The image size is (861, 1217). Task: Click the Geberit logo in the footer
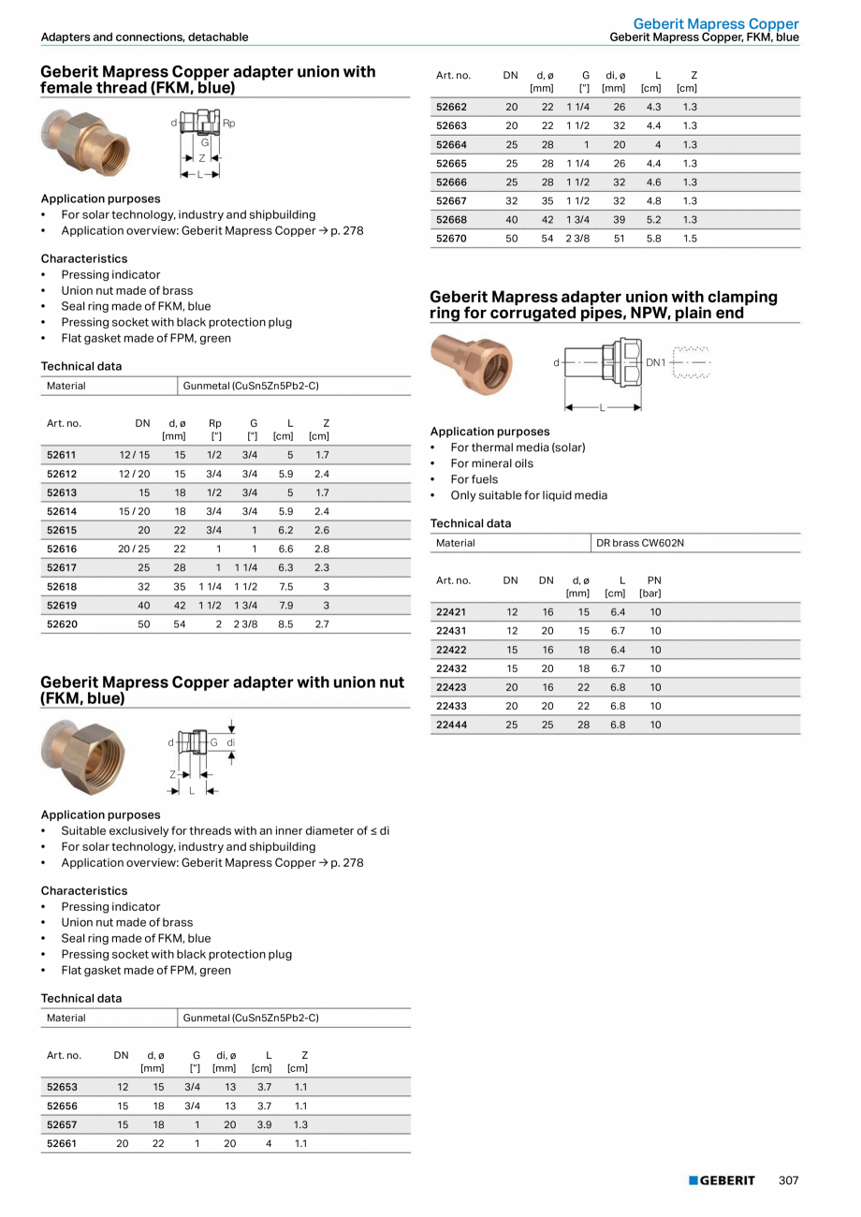(722, 1180)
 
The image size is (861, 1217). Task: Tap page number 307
(789, 1180)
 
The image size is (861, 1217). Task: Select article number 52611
(62, 455)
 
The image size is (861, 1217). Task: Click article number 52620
(62, 623)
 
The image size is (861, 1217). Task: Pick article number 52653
(62, 1087)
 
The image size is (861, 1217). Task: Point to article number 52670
(451, 239)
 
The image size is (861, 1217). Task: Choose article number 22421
(451, 612)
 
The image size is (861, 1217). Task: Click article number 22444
(451, 725)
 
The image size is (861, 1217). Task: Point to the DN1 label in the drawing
(656, 361)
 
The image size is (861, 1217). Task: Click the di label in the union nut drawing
(230, 742)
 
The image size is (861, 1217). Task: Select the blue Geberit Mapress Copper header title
(716, 23)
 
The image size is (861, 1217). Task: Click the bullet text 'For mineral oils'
(491, 463)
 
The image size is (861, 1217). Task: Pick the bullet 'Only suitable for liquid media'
(529, 495)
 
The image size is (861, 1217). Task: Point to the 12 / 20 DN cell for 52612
(134, 474)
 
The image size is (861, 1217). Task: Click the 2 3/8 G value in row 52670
(577, 239)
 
